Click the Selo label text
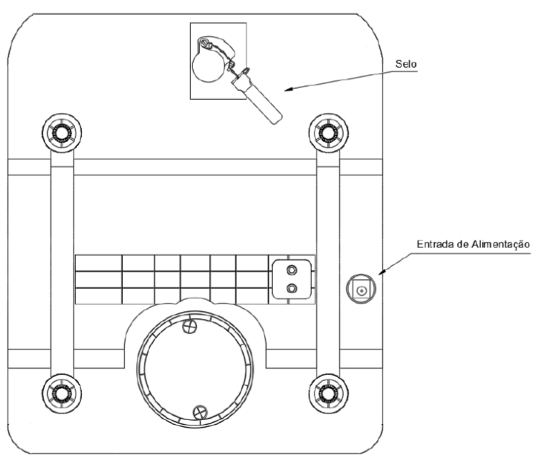click(405, 64)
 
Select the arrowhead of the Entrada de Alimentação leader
click(383, 272)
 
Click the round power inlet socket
click(360, 290)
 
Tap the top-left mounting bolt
click(62, 133)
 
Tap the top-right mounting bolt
click(328, 133)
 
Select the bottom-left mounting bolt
click(62, 394)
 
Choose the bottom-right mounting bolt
click(328, 394)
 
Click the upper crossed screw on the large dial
click(190, 326)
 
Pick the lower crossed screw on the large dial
click(200, 412)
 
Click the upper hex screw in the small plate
click(291, 270)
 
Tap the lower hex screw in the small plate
click(291, 288)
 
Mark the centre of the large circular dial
click(195, 369)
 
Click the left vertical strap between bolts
click(62, 263)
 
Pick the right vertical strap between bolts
click(328, 263)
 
